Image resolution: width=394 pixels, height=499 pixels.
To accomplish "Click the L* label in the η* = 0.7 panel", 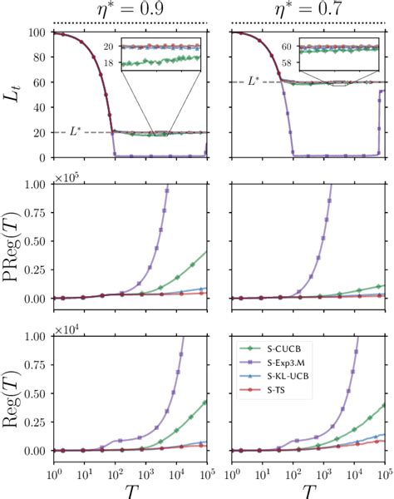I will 259,81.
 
